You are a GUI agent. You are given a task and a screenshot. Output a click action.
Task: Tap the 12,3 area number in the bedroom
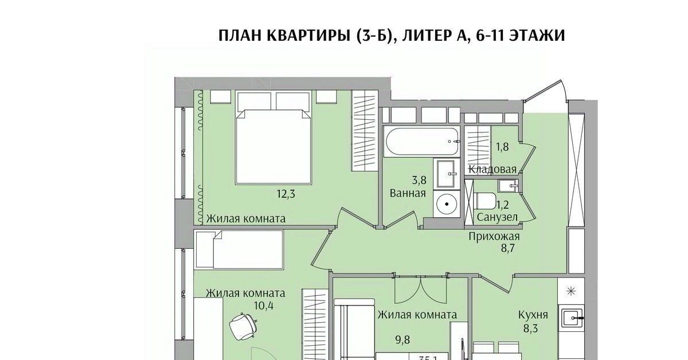tap(288, 194)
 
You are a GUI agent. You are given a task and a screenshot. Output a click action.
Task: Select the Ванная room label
tap(408, 193)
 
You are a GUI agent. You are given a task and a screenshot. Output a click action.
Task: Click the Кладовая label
tap(492, 169)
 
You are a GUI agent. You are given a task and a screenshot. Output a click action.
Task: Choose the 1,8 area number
tap(502, 147)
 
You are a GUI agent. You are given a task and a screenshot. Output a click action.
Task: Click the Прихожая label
tap(494, 237)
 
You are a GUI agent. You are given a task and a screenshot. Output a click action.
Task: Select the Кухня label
tap(533, 315)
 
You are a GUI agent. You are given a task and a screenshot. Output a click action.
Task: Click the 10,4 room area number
tap(263, 305)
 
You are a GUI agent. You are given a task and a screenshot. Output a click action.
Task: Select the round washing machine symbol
tap(446, 204)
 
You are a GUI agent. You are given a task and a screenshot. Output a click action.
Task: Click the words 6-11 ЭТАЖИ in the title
tap(521, 36)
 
